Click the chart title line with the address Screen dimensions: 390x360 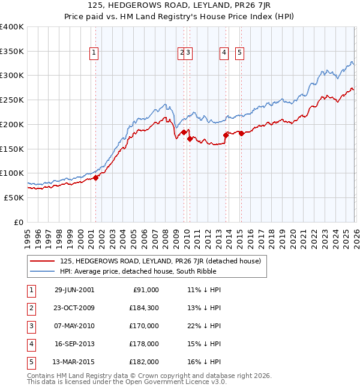(x=179, y=6)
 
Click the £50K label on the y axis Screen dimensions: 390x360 (x=14, y=197)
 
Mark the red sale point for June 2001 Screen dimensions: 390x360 (x=95, y=178)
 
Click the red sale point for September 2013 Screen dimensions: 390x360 (x=226, y=135)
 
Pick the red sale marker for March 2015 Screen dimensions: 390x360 (x=241, y=133)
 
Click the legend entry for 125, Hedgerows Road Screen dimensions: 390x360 (x=160, y=261)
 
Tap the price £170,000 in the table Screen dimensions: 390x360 (x=144, y=326)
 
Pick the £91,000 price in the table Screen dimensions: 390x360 (x=146, y=290)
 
